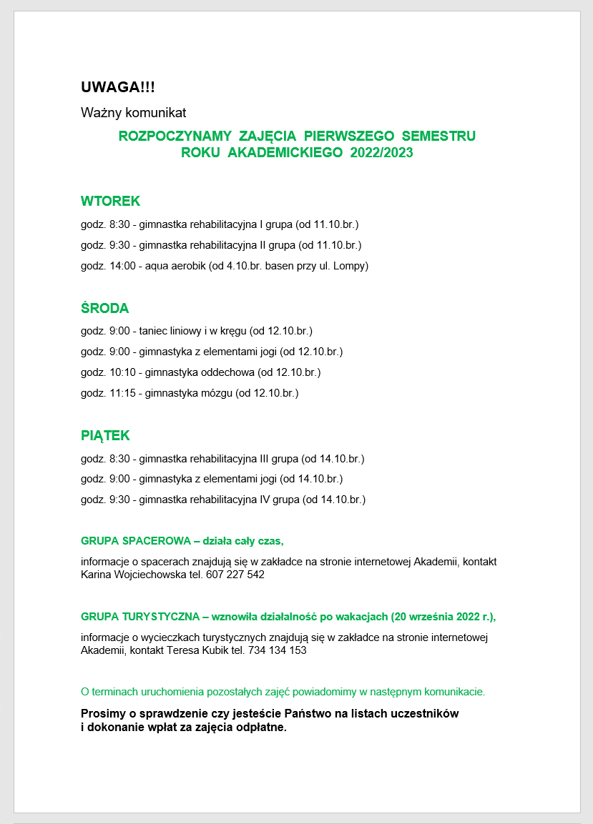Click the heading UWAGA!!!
pos(117,87)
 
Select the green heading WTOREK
pos(110,201)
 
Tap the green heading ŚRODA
pos(104,309)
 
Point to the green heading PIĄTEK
pos(105,436)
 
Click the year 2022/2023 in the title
pos(382,153)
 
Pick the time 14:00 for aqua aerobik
pos(122,266)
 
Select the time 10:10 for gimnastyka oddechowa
pos(122,372)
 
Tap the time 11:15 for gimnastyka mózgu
pos(122,393)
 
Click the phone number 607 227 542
pos(235,575)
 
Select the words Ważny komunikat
pos(134,112)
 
